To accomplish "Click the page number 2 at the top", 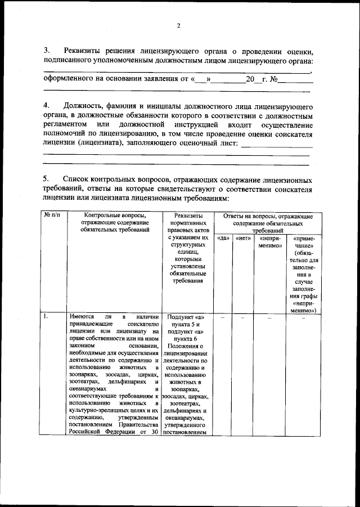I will pyautogui.click(x=179, y=25).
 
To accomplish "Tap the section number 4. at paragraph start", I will pyautogui.click(x=47, y=106).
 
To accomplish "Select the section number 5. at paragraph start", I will pyautogui.click(x=47, y=178).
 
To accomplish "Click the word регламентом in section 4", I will pyautogui.click(x=66, y=124).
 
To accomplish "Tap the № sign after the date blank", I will pyautogui.click(x=274, y=79).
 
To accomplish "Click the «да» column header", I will pyautogui.click(x=222, y=239).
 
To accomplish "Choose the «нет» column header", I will pyautogui.click(x=242, y=239).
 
